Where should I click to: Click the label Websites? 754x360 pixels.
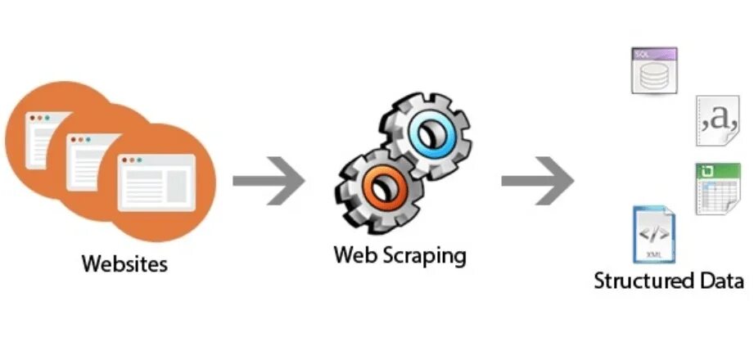click(124, 264)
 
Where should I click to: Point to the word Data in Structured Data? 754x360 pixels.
click(720, 281)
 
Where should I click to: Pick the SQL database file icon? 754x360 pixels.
click(654, 70)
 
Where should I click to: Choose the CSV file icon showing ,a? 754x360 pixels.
click(718, 121)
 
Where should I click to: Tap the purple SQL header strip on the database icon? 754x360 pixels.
click(653, 54)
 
